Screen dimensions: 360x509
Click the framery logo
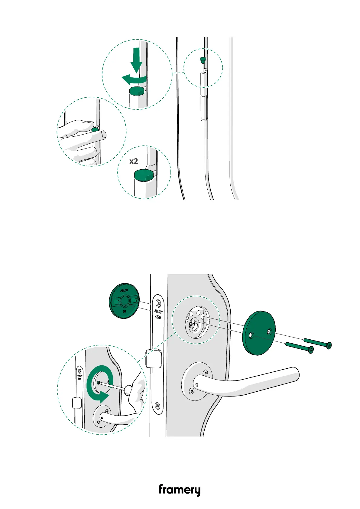tap(179, 490)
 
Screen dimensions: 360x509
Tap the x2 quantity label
tap(134, 161)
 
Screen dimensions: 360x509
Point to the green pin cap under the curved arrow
tap(137, 90)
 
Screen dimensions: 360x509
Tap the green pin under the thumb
tap(95, 129)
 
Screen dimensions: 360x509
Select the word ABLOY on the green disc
tap(124, 290)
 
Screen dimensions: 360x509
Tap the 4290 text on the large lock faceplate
tap(158, 317)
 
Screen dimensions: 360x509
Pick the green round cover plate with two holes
tap(259, 333)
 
